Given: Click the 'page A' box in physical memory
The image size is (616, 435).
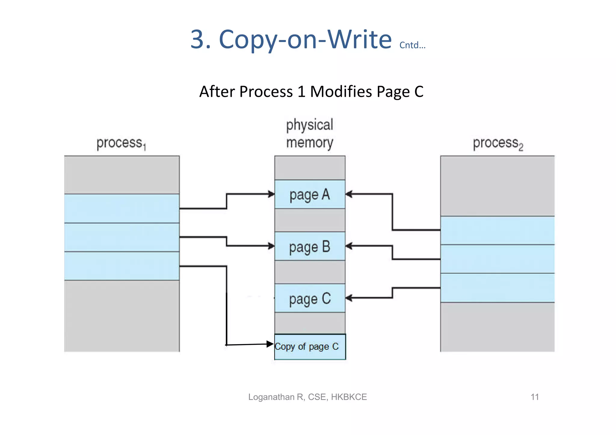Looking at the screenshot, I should tap(310, 195).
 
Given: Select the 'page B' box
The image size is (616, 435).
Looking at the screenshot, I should tap(310, 246).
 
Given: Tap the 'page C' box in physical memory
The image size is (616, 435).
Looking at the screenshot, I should tap(310, 298).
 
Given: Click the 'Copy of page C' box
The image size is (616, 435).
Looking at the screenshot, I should tap(310, 347).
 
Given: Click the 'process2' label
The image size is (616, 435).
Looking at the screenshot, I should tap(498, 144).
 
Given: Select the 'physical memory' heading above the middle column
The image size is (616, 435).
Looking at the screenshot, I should tap(310, 133).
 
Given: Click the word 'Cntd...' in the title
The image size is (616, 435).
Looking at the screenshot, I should tap(412, 45).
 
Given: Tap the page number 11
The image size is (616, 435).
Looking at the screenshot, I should tap(534, 397).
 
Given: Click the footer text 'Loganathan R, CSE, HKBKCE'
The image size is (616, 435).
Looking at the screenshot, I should tap(307, 397).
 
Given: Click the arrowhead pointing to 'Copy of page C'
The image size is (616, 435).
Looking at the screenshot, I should tap(270, 344).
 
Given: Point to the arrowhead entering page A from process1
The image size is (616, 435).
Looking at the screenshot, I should tap(271, 194).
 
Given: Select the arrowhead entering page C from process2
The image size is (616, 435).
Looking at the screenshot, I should tap(349, 298).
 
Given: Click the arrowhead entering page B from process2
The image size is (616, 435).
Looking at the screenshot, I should tap(349, 246).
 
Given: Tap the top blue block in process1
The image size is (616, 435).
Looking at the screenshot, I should tap(122, 208).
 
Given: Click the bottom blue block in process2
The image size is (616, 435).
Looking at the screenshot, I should tap(497, 288).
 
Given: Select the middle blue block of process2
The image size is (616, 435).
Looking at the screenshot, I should tap(497, 259).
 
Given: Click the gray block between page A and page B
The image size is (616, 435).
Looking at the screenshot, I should tap(310, 220).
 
